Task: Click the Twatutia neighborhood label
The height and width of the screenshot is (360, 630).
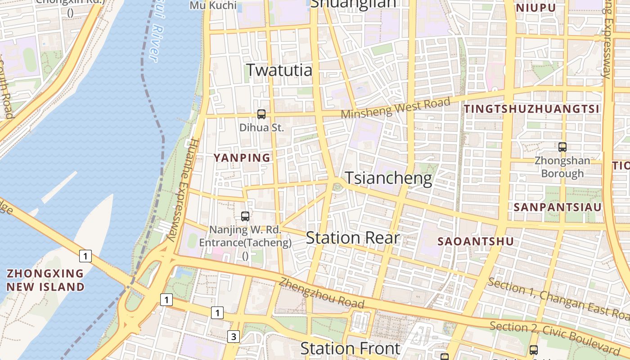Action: coord(279,71)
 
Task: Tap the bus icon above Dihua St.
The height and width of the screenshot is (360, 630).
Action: coord(261,114)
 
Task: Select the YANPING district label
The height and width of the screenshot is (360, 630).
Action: coord(242,158)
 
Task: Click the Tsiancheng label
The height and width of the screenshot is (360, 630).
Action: coord(388,178)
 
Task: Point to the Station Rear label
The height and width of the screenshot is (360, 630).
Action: coord(352,238)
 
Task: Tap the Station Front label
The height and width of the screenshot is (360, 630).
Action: coord(350,348)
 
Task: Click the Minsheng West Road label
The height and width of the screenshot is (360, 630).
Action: coord(396,108)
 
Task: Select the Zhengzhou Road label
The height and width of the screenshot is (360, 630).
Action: coord(320,293)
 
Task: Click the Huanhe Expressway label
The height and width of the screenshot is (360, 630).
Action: coord(182,189)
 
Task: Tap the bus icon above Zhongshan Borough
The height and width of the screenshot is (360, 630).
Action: coord(562,147)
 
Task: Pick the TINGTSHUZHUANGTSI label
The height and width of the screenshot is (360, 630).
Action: coord(531,109)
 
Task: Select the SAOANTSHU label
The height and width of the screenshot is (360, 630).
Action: coord(476,241)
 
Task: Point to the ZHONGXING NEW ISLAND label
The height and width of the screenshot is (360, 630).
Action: coord(45,280)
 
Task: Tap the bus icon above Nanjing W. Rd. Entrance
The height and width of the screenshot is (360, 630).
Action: coord(245,216)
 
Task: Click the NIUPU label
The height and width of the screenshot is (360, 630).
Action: coord(535,8)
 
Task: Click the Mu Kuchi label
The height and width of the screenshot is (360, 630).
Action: coord(213,5)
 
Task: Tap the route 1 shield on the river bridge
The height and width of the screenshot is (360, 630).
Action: coord(85,256)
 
